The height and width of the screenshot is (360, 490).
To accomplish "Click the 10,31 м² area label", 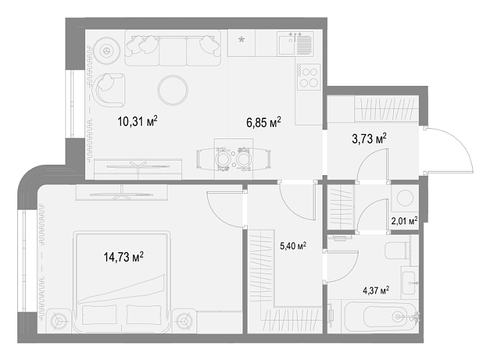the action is [x=137, y=121].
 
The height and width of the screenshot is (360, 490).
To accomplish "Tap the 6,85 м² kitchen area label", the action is [x=264, y=122].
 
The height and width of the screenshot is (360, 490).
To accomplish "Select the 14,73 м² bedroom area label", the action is [x=124, y=257].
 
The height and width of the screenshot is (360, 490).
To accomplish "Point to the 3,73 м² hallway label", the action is [x=370, y=138].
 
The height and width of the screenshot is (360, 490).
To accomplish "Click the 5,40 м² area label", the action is [x=293, y=246].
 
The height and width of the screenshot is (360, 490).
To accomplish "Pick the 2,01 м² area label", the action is [x=405, y=222].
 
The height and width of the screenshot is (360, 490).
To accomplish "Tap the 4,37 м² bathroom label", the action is [x=376, y=291].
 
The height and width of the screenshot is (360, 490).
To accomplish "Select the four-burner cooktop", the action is [x=309, y=77].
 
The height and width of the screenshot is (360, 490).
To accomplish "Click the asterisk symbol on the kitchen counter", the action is [x=242, y=40].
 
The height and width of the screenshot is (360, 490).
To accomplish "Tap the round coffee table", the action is [x=173, y=90].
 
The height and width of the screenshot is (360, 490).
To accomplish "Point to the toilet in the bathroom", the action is [x=397, y=251].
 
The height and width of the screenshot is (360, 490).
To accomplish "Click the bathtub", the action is [x=381, y=317].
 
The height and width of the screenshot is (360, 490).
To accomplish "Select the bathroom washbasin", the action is [x=409, y=282].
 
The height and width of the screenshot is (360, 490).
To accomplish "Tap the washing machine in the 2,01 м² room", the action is [x=405, y=198].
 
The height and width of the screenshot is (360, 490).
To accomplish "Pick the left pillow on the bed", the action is [x=100, y=315].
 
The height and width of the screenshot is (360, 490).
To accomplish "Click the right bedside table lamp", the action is [x=184, y=321].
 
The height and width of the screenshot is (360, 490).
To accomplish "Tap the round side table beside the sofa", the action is [x=107, y=51].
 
